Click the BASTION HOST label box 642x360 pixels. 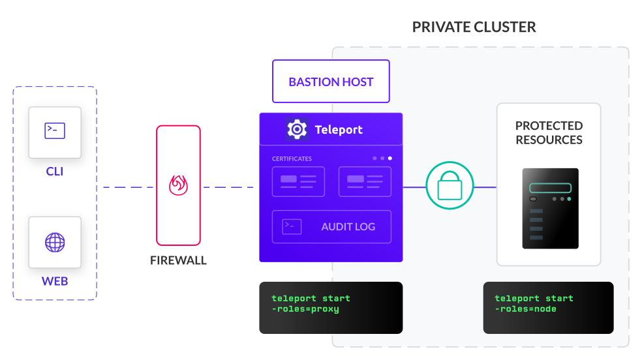[331, 82]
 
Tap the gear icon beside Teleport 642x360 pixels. [297, 129]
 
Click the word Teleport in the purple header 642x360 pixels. [339, 129]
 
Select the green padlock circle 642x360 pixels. [450, 186]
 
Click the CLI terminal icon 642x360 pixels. [55, 131]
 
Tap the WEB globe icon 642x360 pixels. [55, 243]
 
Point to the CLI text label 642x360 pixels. [55, 172]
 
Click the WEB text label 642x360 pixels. [55, 282]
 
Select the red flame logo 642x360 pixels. [178, 185]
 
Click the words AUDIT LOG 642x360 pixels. [348, 227]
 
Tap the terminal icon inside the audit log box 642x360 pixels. [292, 226]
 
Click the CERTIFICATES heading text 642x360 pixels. [292, 158]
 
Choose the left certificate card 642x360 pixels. [298, 181]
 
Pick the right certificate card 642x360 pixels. [365, 181]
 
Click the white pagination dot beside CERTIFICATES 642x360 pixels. [390, 158]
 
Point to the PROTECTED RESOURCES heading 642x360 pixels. [549, 132]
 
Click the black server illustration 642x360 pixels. [550, 208]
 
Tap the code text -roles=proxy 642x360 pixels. [305, 309]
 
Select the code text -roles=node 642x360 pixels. [525, 309]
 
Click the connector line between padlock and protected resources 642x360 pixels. [484, 187]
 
